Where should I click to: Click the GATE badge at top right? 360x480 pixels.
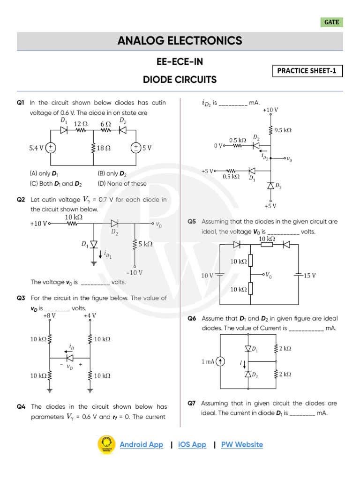point(332,22)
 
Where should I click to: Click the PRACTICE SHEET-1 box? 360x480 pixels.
point(307,71)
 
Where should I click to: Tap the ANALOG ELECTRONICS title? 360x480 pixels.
point(180,41)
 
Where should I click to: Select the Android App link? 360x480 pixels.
point(141,444)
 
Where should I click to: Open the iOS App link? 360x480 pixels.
point(192,444)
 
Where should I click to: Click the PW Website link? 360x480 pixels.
point(242,444)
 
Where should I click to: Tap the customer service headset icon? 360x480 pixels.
point(106,444)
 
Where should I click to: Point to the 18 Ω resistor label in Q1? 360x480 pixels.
point(104,148)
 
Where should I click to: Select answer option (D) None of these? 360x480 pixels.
point(122,184)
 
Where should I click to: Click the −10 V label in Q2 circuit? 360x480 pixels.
point(135,272)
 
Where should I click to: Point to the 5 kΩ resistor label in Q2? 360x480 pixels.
point(146,244)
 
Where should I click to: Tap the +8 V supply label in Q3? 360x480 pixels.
point(49,315)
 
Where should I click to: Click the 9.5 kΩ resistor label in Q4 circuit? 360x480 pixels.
point(283,130)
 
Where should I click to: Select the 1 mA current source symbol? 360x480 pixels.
point(220,361)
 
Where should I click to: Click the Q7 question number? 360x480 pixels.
point(192,403)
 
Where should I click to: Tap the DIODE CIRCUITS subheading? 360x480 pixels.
point(180,80)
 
